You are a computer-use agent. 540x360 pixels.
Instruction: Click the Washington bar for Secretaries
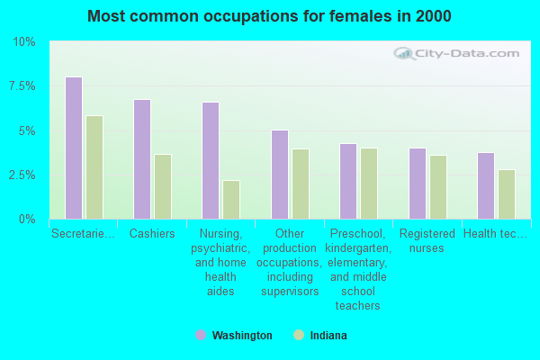[x=74, y=148]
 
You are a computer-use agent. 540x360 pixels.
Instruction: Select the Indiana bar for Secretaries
[x=94, y=167]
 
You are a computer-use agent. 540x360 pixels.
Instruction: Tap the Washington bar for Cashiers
[x=142, y=159]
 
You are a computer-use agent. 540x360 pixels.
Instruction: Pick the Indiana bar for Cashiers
[x=163, y=186]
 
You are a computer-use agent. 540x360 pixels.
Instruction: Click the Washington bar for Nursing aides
[x=211, y=160]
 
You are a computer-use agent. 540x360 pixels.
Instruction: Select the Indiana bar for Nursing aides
[x=231, y=200]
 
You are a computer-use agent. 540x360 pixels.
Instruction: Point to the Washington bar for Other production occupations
[x=280, y=175]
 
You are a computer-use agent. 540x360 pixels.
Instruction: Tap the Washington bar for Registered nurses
[x=418, y=184]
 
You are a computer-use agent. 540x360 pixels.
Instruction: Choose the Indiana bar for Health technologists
[x=507, y=194]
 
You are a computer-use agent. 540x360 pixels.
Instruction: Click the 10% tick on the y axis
[x=23, y=42]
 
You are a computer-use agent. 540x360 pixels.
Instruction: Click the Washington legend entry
[x=234, y=336]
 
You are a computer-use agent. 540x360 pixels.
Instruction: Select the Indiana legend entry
[x=320, y=336]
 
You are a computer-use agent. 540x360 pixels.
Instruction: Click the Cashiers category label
[x=152, y=234]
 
